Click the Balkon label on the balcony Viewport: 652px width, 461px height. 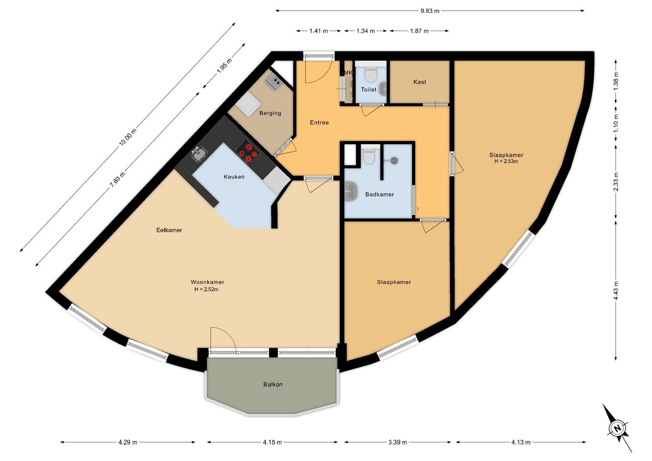coord(273,384)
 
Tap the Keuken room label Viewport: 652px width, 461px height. coord(234,177)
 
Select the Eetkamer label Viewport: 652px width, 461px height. coord(169,230)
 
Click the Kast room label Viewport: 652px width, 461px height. coord(419,82)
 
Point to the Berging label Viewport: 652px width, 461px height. coord(270,113)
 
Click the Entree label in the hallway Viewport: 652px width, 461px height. coord(319,123)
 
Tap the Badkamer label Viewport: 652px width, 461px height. coord(379,194)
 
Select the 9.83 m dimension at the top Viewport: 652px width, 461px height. coord(430,11)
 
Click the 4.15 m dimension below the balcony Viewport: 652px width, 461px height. coord(272,442)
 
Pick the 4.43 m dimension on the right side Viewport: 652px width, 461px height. coord(616,290)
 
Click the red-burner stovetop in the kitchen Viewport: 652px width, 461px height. coord(247,153)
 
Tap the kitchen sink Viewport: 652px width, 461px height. coord(198,154)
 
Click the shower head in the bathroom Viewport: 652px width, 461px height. coord(393,160)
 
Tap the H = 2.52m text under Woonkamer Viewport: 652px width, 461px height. coord(207,289)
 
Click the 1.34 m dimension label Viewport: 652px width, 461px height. coord(366,31)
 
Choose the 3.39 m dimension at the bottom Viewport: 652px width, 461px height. coord(398,442)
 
